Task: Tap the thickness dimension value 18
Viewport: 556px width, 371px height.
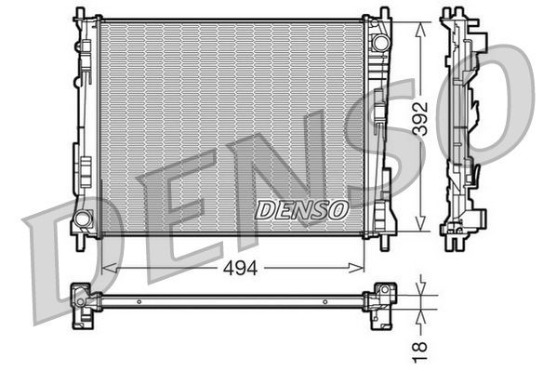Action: pos(420,345)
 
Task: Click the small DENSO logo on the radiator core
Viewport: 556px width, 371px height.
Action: pos(301,209)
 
